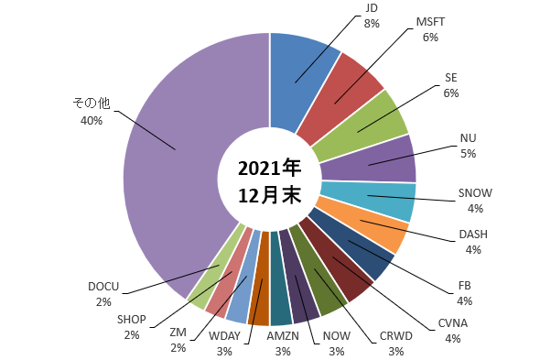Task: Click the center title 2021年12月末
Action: click(270, 181)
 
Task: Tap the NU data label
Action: click(468, 146)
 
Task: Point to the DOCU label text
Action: click(103, 287)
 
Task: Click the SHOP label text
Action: click(132, 320)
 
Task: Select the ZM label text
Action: click(178, 333)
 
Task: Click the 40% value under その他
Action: click(92, 121)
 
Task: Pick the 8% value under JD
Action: click(372, 24)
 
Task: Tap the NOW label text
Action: click(337, 336)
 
